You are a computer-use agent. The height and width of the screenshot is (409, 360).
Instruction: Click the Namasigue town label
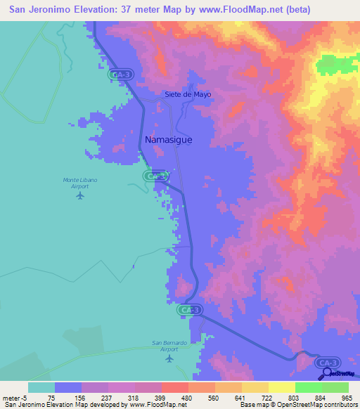(168, 140)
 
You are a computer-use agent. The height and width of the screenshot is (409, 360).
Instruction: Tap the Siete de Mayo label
(188, 94)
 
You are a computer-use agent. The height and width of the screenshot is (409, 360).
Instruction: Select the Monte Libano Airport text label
(80, 183)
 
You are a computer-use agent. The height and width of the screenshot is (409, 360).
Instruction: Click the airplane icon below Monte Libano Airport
(79, 195)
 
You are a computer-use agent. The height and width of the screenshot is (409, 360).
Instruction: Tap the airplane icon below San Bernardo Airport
(169, 358)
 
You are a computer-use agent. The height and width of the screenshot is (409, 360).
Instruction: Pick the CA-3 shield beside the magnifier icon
(326, 362)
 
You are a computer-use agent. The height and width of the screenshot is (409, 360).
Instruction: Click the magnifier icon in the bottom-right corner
(324, 373)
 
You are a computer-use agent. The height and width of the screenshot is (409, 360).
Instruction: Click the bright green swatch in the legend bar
(308, 387)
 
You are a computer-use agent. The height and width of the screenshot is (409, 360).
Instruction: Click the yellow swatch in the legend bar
(281, 387)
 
